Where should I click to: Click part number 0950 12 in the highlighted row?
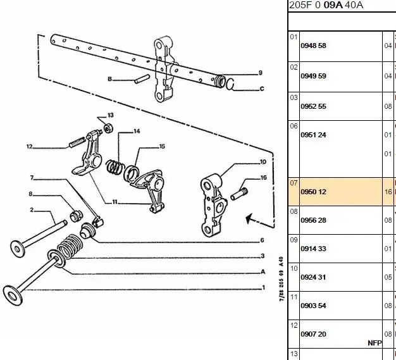pyautogui.click(x=312, y=192)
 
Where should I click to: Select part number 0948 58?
pyautogui.click(x=312, y=46)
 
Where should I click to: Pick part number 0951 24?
pyautogui.click(x=312, y=135)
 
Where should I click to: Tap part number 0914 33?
pyautogui.click(x=312, y=249)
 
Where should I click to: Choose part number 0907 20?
pyautogui.click(x=312, y=334)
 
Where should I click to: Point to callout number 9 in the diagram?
pyautogui.click(x=260, y=72)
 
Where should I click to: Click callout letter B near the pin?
pyautogui.click(x=109, y=79)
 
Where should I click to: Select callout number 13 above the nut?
pyautogui.click(x=110, y=115)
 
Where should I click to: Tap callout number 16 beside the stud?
pyautogui.click(x=263, y=178)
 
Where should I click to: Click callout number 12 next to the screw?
pyautogui.click(x=29, y=147)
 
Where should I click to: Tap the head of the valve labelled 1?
pyautogui.click(x=13, y=294)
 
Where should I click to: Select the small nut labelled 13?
pyautogui.click(x=108, y=129)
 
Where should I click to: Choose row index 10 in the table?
pyautogui.click(x=294, y=268)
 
